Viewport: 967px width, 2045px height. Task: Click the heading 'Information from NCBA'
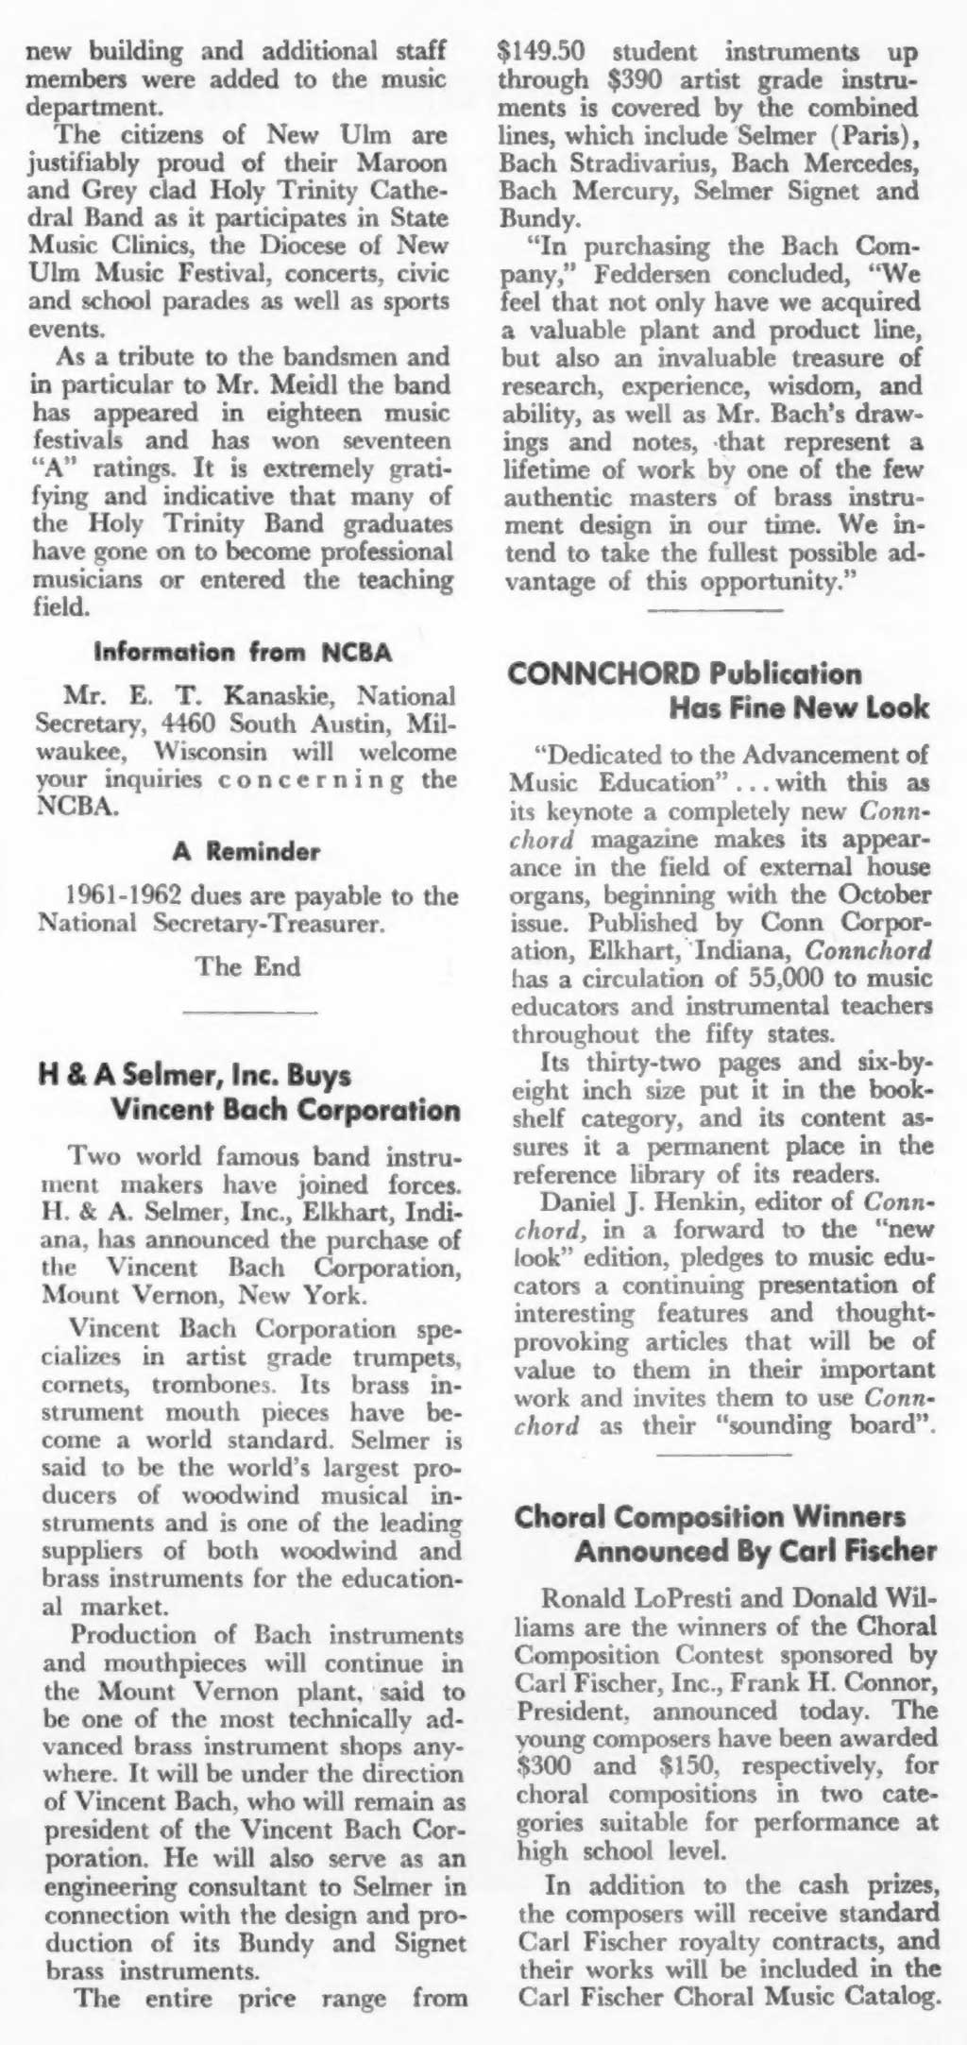coord(246,653)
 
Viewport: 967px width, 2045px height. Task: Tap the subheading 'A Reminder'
coord(246,851)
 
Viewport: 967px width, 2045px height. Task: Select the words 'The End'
coord(248,967)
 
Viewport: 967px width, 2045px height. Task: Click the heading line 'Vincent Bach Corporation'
coord(285,1109)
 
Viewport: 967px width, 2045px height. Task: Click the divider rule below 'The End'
coord(248,1013)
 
